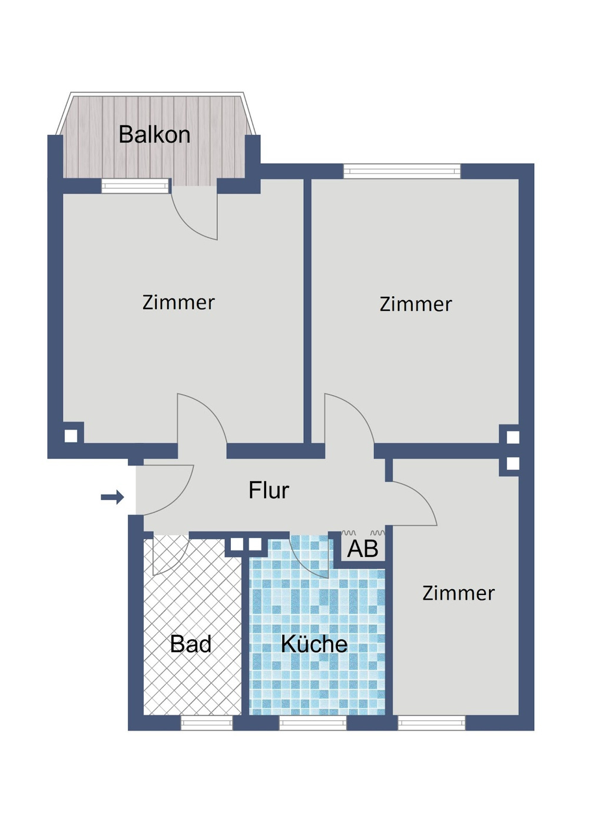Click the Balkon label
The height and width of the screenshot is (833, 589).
coord(154,135)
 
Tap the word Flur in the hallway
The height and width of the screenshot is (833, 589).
coord(269,490)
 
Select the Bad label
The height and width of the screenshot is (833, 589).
coord(190,644)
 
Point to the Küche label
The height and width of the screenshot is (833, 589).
coord(314,644)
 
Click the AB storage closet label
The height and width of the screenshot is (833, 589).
coord(362,549)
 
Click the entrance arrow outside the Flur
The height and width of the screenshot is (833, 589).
coord(112,497)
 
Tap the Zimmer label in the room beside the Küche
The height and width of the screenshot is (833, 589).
coord(458,593)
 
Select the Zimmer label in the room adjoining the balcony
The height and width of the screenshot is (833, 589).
coord(178,303)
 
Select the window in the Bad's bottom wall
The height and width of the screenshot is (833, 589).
coord(206,723)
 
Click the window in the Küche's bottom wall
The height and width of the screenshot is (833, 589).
coord(313,723)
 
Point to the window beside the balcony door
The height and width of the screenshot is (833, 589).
coord(135,187)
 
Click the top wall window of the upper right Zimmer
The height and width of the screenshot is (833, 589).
coord(402,171)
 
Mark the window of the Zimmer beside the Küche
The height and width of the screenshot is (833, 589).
coord(431,723)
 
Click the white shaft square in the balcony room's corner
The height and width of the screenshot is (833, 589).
coord(71,436)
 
